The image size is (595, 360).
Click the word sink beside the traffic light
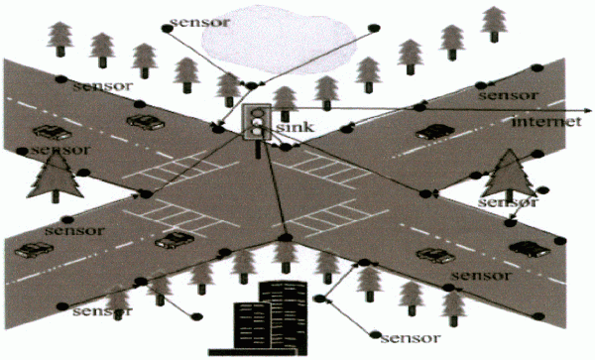[x=295, y=126]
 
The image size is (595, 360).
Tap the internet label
[x=546, y=121]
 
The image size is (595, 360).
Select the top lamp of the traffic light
[x=257, y=112]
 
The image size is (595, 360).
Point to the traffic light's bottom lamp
[x=257, y=131]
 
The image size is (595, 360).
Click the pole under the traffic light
[x=259, y=149]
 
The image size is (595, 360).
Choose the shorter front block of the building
[x=252, y=325]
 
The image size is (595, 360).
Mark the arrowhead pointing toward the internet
[x=588, y=111]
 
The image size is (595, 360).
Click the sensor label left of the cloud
[x=200, y=22]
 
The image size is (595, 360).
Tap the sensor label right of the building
[x=411, y=337]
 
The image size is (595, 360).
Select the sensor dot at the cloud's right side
[x=374, y=28]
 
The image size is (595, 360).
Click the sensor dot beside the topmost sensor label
[x=168, y=28]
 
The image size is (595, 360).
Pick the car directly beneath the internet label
[x=435, y=132]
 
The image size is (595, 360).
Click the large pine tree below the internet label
[x=509, y=175]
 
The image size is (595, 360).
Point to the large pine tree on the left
[x=56, y=176]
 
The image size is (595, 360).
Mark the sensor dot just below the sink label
[x=286, y=147]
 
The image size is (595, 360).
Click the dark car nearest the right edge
[x=530, y=249]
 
